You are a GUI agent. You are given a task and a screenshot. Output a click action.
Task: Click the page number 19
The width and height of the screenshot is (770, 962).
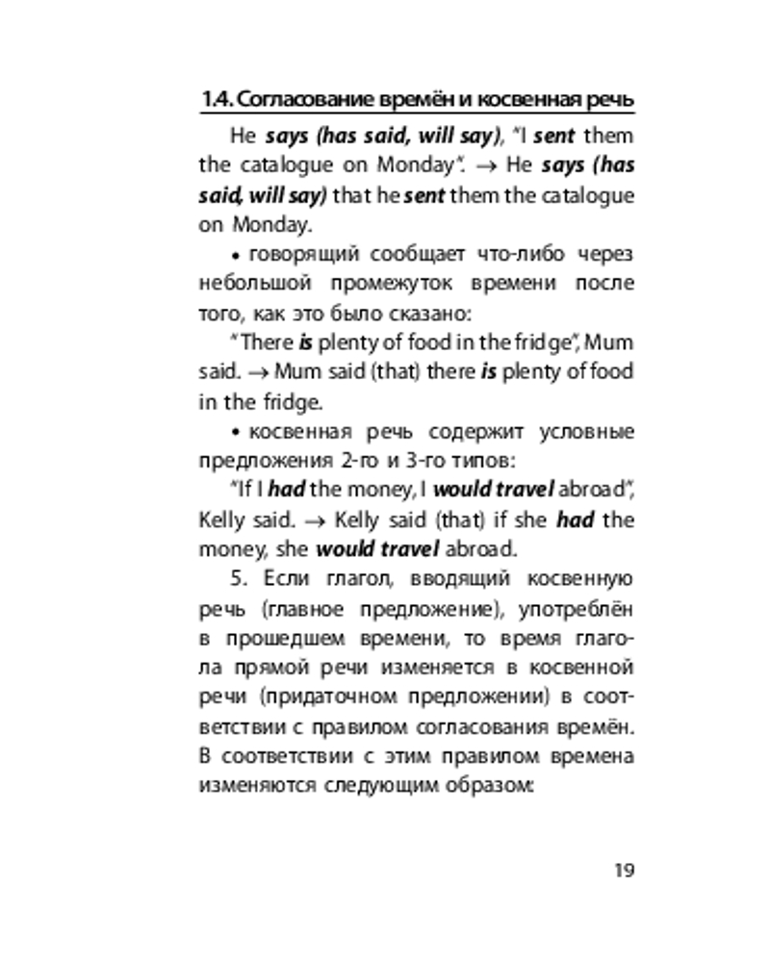pyautogui.click(x=623, y=871)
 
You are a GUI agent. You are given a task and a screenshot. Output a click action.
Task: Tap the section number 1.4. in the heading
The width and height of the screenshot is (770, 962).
pyautogui.click(x=217, y=100)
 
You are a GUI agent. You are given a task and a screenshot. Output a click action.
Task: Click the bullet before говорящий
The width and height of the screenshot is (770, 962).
pyautogui.click(x=238, y=255)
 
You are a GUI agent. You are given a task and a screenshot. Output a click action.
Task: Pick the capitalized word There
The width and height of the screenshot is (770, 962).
pyautogui.click(x=264, y=343)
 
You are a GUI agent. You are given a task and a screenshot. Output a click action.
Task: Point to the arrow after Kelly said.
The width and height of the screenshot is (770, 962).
pyautogui.click(x=312, y=521)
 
